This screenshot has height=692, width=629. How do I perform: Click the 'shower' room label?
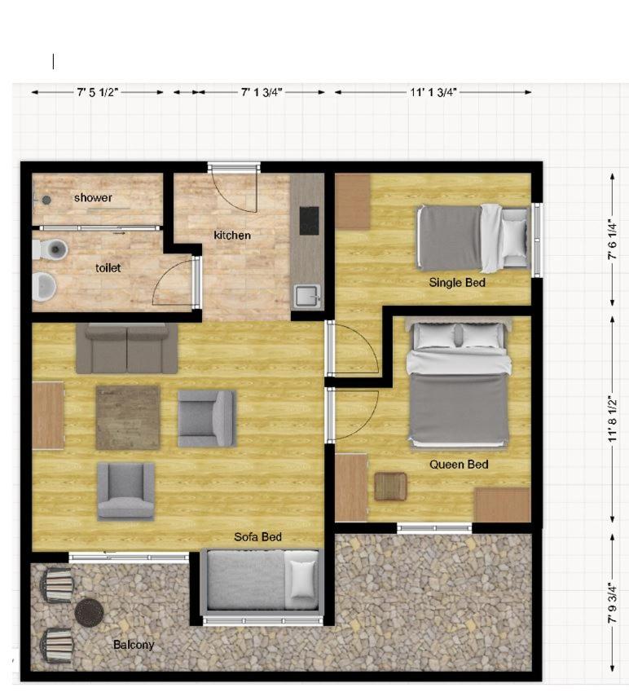93,198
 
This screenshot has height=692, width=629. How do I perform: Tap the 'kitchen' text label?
232,236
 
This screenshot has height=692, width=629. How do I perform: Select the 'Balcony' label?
134,645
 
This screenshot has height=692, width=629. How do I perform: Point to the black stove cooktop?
310,221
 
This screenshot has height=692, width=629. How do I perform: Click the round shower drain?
46,200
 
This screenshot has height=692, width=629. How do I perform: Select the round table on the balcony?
89,612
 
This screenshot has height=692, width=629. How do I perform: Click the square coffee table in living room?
128,417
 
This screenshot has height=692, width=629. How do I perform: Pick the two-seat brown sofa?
127,349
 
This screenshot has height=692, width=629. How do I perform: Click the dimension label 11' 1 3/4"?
433,92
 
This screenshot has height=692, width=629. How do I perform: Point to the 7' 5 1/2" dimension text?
98,92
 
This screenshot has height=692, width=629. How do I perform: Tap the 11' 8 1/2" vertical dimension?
612,419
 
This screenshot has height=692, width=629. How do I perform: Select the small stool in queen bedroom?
390,487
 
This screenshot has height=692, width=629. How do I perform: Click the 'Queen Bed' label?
459,465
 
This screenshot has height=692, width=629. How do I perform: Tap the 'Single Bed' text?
457,283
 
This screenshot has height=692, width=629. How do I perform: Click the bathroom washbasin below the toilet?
45,287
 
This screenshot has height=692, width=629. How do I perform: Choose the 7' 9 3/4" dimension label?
612,603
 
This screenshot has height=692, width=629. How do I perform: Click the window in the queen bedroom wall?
434,528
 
